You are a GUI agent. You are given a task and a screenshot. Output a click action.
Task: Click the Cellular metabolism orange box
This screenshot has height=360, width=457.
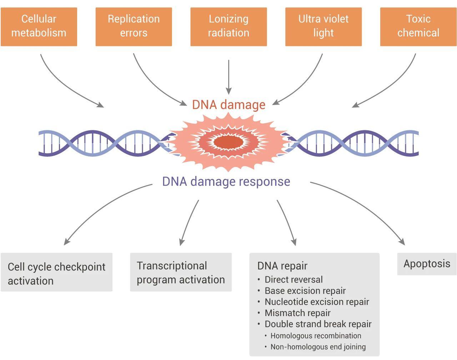pos(39,27)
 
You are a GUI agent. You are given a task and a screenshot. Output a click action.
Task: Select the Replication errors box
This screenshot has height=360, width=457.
pos(134,27)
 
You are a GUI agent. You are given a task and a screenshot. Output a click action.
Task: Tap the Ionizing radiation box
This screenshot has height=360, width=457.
pos(228,27)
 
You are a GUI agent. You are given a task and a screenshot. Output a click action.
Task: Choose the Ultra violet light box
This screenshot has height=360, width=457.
pos(323,27)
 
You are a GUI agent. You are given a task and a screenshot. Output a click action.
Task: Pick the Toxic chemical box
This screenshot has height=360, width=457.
pos(418,27)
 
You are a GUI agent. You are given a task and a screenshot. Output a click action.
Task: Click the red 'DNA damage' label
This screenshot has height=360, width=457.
pos(228,105)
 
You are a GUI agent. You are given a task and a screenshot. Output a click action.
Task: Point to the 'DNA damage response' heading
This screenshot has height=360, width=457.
pos(226,181)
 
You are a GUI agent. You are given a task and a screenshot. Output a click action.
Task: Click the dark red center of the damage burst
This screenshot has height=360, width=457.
pos(228,142)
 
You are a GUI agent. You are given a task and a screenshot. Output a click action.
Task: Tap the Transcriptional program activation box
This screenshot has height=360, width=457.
pos(181,272)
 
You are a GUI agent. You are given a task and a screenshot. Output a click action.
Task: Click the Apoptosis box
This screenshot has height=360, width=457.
pos(427,264)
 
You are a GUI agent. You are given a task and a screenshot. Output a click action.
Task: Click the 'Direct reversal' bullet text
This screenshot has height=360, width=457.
pos(293,279)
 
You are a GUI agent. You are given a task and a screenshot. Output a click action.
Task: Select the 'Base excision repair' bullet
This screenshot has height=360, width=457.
pos(305,291)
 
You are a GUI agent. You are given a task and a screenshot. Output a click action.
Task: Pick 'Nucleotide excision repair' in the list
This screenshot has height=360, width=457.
pos(317,302)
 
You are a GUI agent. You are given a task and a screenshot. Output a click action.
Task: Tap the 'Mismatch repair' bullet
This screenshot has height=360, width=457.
pos(297,313)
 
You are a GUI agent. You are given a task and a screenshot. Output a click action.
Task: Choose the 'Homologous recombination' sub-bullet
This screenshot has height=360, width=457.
pos(316,336)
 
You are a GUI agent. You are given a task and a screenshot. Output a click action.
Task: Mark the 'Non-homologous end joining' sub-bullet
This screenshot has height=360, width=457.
pos(318,347)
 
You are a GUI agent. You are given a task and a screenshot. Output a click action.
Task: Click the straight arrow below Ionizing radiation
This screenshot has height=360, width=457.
pos(228,77)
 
